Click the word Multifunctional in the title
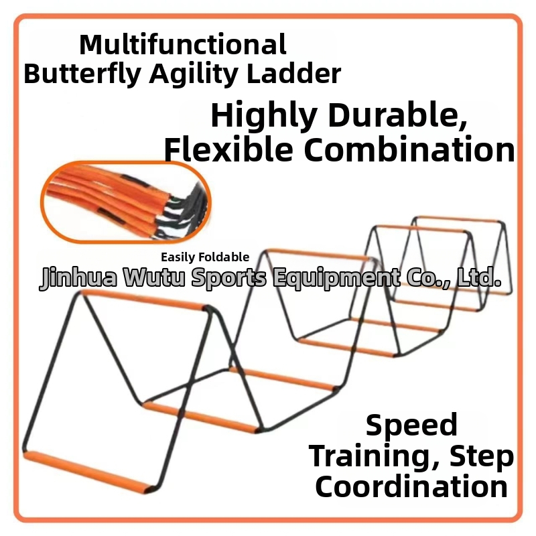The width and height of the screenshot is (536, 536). coord(183,44)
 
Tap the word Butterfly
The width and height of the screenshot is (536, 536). coord(82,74)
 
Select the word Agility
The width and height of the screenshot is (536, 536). coord(194,74)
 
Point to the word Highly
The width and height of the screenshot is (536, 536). coord(264,116)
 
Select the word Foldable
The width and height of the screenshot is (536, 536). coord(224,257)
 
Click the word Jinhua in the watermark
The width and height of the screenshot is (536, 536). coord(78,277)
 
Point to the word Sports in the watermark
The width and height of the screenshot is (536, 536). coord(228,278)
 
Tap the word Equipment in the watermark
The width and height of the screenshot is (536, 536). coord(337,278)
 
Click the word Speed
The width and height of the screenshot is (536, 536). coord(411,425)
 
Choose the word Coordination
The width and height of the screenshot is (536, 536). coord(411,487)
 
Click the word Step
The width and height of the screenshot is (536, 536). coord(482,458)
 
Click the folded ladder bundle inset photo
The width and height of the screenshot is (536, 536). coord(126,202)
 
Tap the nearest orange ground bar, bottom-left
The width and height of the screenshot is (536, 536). coord(88,472)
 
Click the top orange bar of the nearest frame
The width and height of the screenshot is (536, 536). coord(144,300)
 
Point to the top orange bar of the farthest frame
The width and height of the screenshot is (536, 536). coord(458,219)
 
